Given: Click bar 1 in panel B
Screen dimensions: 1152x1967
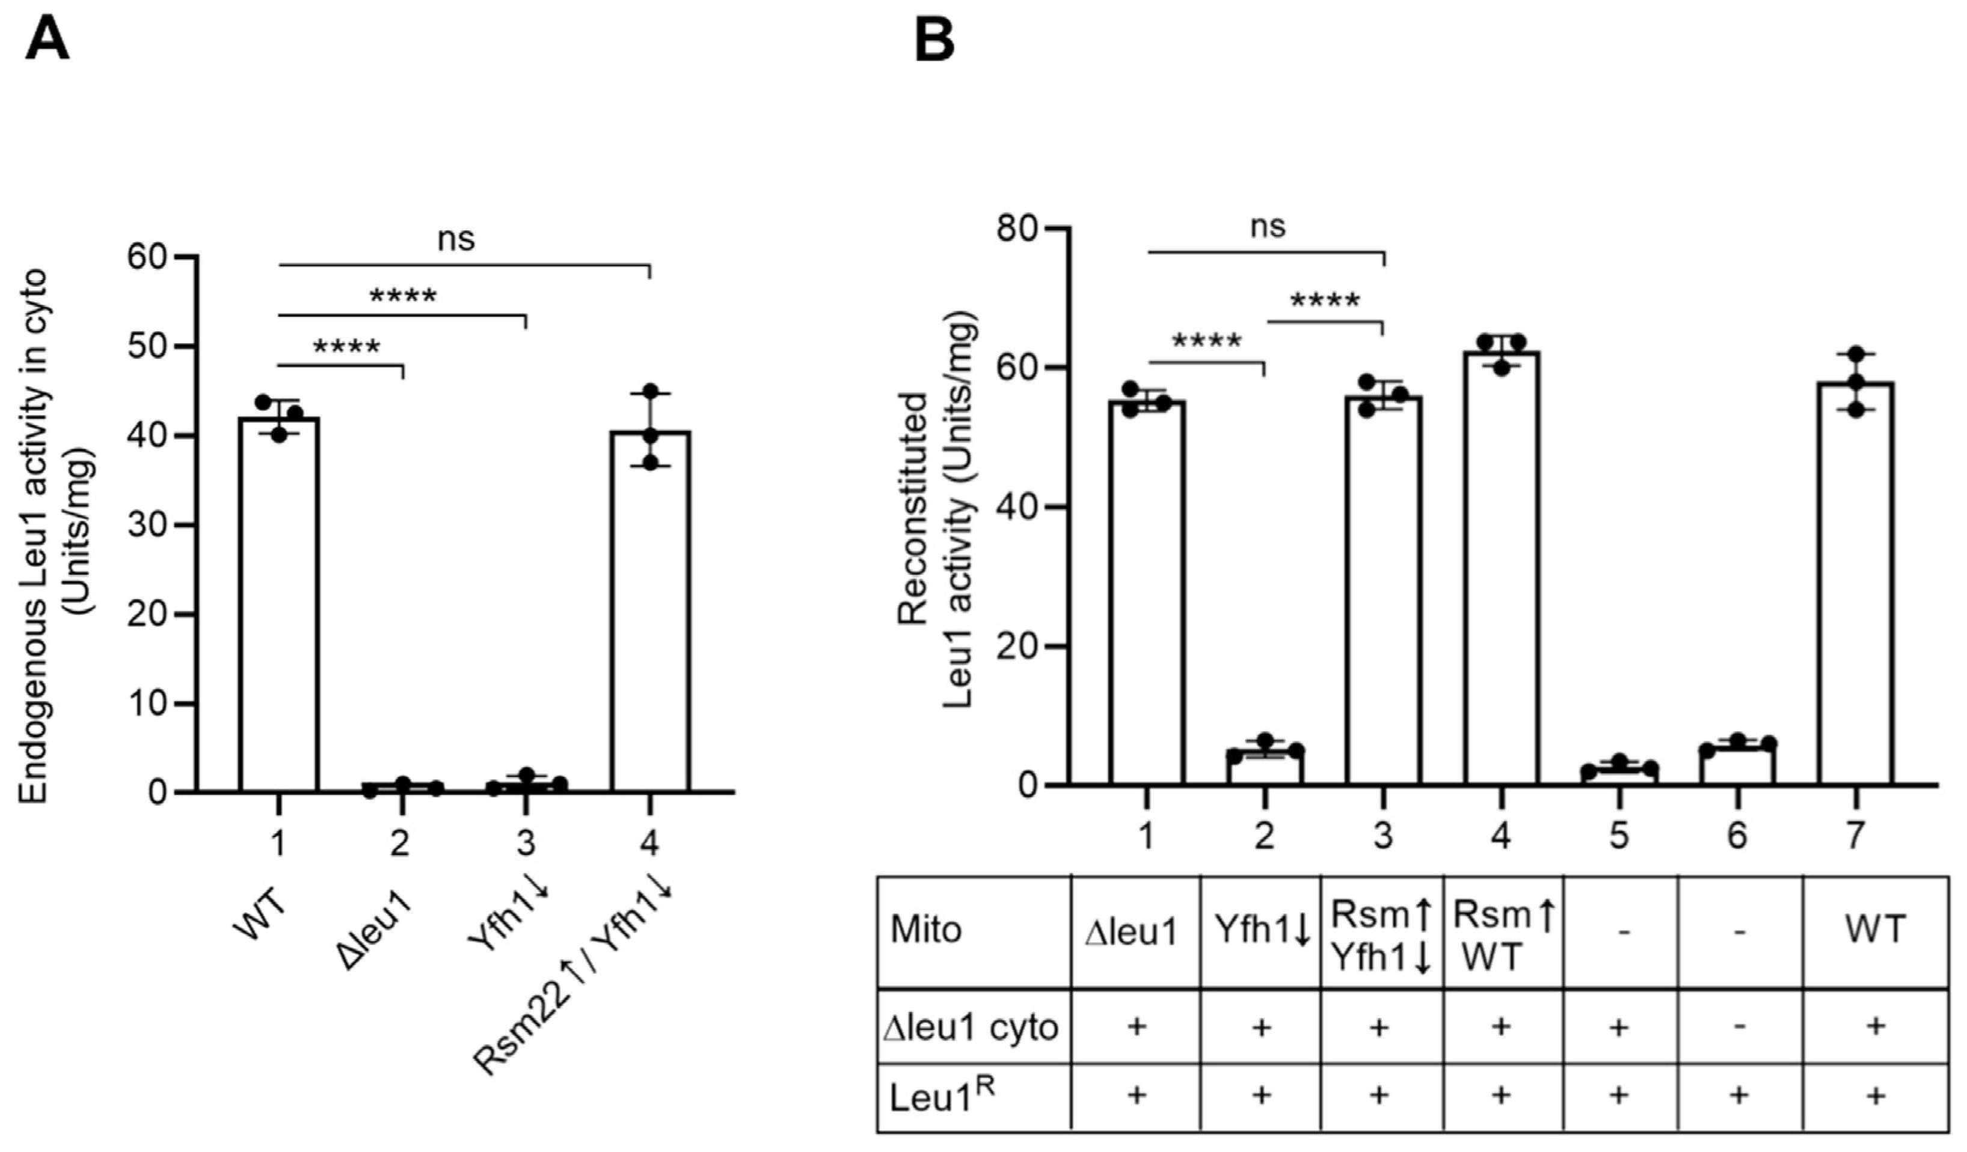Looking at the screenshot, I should click(x=1147, y=593).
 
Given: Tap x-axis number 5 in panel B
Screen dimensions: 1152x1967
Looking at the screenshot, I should click(x=1619, y=836).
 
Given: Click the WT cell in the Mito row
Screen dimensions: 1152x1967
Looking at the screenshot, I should click(x=1875, y=930).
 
